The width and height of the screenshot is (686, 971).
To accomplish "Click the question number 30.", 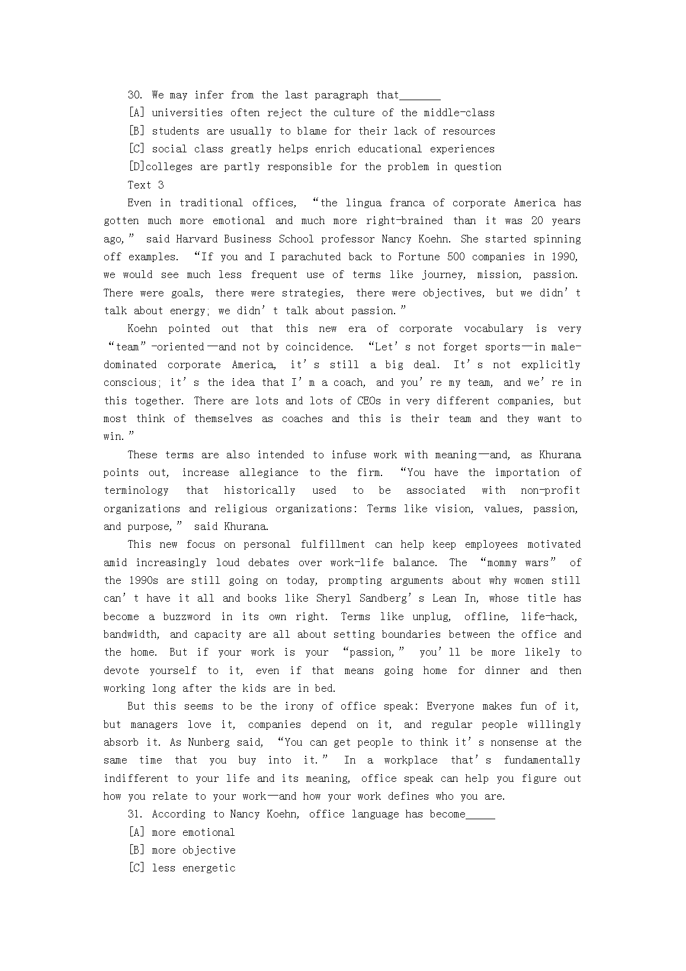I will pos(137,95).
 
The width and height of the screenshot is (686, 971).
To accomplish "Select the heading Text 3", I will pos(146,185).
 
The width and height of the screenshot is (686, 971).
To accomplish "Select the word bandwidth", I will pos(131,634).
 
